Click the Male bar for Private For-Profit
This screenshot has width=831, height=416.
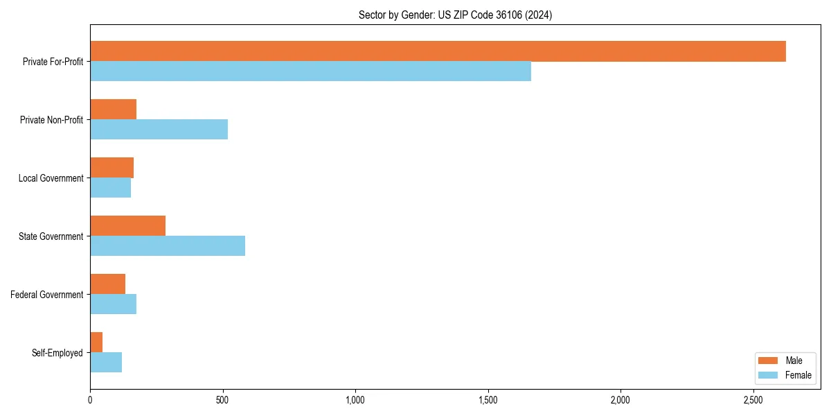(438, 51)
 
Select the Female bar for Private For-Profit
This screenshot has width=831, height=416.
(310, 71)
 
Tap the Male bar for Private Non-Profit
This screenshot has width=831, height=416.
(113, 110)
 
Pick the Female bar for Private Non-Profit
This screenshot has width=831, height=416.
(159, 130)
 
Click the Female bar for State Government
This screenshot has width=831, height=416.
(168, 246)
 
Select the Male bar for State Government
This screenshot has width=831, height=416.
(127, 226)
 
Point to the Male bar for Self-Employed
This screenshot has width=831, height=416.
(96, 343)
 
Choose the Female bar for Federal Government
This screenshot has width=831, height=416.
(113, 304)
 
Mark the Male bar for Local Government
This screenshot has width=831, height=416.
(111, 168)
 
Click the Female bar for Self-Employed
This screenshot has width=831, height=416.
(106, 363)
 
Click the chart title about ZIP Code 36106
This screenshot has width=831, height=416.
(455, 15)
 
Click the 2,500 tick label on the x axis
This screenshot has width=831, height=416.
(753, 400)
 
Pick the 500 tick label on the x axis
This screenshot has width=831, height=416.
(222, 400)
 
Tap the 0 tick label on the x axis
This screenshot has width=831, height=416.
(90, 400)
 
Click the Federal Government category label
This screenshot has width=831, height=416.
(47, 295)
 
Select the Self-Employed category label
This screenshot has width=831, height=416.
(57, 353)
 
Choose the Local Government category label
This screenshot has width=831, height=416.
(51, 178)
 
